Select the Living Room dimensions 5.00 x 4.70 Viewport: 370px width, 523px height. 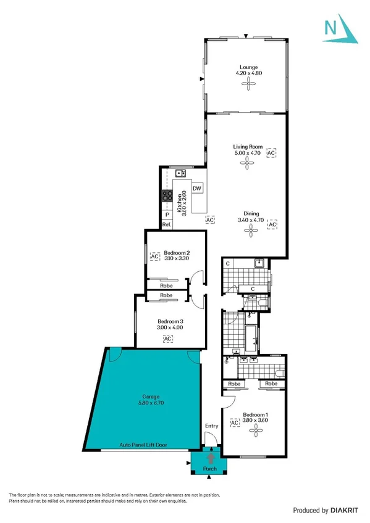tap(248, 152)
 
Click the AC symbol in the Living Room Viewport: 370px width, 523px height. tap(271, 152)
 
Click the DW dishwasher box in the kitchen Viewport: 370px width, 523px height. tap(198, 188)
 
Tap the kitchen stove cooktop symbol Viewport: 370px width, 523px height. tap(167, 196)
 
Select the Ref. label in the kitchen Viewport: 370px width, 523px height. tap(166, 225)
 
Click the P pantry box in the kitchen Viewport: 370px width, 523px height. tap(166, 215)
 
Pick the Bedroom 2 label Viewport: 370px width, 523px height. tap(176, 252)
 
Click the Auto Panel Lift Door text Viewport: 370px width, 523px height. tap(144, 445)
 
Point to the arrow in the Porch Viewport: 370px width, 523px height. tap(212, 458)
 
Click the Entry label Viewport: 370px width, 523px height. tap(211, 426)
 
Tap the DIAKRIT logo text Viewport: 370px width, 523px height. tap(345, 510)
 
